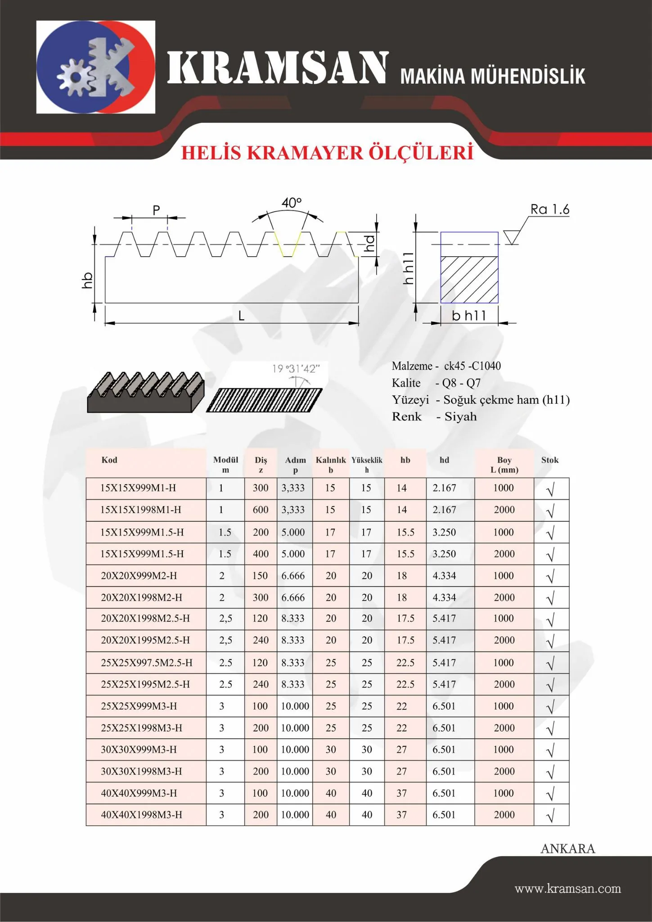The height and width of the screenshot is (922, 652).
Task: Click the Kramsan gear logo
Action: point(95,67)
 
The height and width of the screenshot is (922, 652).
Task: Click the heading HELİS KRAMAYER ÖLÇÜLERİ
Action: point(327,153)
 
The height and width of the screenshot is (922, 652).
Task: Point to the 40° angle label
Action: point(292,203)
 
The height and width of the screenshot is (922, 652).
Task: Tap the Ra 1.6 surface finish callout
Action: point(549,209)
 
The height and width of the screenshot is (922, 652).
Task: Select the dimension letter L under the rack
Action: point(241,316)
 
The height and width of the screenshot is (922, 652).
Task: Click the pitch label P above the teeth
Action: point(156,210)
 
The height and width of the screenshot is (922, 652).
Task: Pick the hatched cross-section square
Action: point(469,279)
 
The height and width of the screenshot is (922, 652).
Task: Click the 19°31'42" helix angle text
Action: point(296,369)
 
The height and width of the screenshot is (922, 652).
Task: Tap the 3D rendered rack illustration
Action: point(145,392)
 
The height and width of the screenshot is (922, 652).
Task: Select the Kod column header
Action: point(109,460)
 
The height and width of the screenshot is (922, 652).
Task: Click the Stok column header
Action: point(550,460)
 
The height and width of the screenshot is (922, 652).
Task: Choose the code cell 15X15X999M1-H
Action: point(138,488)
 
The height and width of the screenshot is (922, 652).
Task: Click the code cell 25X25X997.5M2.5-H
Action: point(146,663)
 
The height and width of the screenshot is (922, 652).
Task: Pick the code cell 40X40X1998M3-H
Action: point(141,815)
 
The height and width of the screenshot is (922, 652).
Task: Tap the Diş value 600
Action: point(261,510)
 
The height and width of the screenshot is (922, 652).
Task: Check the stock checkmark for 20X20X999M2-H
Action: point(550,576)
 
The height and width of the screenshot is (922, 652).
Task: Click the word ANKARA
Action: point(567,849)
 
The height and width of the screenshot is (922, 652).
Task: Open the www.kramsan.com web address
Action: point(568,889)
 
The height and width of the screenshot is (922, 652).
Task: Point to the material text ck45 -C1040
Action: point(472,366)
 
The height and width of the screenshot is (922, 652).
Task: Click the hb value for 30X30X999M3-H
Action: point(402,750)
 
